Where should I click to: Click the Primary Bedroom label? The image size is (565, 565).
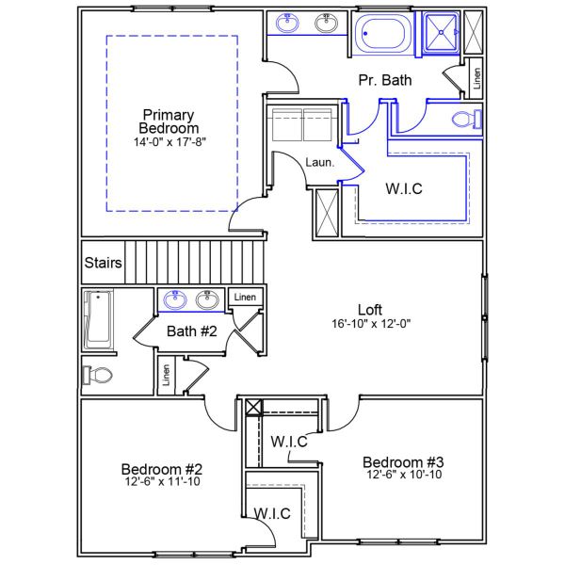click(169, 121)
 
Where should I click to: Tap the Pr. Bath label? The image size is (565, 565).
click(385, 81)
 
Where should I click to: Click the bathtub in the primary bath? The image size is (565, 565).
click(384, 33)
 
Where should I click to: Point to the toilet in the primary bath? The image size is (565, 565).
click(464, 120)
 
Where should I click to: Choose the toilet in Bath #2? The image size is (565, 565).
click(98, 375)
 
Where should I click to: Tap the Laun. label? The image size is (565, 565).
click(317, 162)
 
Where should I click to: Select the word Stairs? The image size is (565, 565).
click(103, 263)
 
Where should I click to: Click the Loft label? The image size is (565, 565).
click(370, 309)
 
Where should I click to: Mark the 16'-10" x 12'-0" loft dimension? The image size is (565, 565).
click(370, 323)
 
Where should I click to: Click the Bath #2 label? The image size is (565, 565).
click(192, 331)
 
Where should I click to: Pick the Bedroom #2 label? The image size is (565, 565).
click(163, 469)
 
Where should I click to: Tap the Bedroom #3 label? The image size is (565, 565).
click(403, 461)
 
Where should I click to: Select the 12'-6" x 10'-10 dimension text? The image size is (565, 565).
click(403, 475)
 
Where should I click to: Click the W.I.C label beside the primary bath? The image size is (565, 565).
click(404, 188)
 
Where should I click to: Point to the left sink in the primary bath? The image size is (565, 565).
click(287, 24)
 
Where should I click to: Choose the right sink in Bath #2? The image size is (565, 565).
click(207, 300)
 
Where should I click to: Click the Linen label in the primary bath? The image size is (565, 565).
click(476, 78)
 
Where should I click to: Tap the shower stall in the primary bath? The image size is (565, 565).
click(440, 32)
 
